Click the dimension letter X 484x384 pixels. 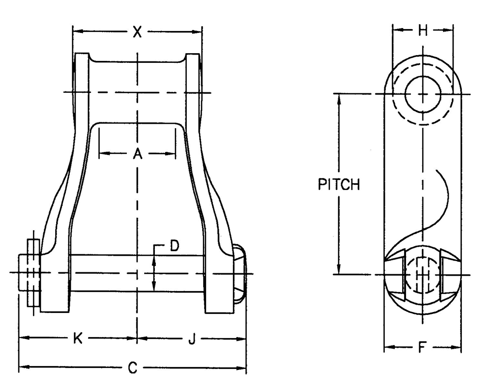click(137, 32)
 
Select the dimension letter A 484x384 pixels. click(137, 154)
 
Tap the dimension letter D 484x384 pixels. click(174, 246)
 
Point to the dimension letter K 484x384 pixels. click(77, 339)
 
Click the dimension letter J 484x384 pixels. click(192, 340)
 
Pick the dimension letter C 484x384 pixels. click(132, 368)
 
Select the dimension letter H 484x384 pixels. click(423, 30)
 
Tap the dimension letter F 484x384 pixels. click(422, 347)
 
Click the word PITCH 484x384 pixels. click(339, 185)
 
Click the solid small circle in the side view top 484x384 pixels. click(422, 93)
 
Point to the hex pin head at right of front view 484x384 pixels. click(240, 273)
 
